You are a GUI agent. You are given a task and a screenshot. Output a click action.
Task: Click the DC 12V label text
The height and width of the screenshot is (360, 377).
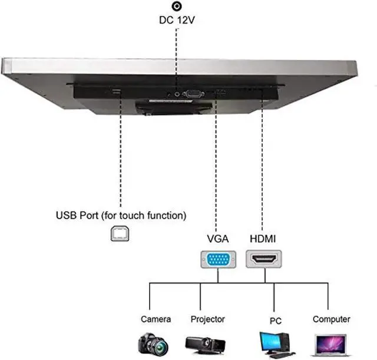[x=177, y=20]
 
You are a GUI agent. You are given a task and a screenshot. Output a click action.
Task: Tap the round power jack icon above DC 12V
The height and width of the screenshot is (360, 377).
[x=177, y=6]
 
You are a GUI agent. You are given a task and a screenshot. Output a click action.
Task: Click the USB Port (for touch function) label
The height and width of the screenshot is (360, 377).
[x=121, y=216]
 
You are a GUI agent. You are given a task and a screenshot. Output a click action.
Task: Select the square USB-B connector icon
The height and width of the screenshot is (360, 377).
[x=120, y=233]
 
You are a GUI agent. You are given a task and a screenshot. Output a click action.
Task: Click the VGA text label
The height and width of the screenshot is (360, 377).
[x=218, y=239]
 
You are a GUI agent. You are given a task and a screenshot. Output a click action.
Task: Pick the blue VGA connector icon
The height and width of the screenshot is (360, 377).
[x=219, y=259]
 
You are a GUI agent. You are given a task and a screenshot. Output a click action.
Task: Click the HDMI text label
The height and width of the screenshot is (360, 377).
[x=263, y=239]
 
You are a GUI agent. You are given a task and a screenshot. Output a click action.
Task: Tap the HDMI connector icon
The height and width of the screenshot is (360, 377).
[x=264, y=259]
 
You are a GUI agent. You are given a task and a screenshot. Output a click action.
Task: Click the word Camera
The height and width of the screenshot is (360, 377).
[x=156, y=319]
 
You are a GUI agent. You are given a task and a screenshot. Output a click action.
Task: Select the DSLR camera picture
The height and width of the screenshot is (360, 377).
[x=153, y=344]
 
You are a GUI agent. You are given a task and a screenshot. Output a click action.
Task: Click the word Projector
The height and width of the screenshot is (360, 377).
[x=208, y=319]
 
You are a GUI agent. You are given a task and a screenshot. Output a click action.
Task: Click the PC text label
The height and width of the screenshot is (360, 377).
[x=276, y=321]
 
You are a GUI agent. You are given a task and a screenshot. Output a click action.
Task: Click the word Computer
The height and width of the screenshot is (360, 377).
[x=331, y=319]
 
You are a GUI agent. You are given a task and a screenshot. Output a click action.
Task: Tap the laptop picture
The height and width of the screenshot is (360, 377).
[x=331, y=345]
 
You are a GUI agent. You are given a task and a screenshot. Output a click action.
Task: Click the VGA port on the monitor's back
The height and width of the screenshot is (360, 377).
[x=193, y=94]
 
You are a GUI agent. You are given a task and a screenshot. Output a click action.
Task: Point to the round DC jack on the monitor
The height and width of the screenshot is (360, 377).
[x=177, y=94]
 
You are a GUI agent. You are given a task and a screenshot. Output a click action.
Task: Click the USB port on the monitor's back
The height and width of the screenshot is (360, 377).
[x=116, y=91]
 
